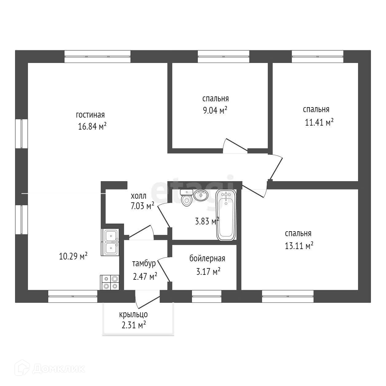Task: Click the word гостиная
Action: tap(90, 115)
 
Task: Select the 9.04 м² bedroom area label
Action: tap(215, 110)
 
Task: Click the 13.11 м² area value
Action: tap(299, 246)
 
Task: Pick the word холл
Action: tap(138, 196)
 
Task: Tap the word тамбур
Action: tap(144, 263)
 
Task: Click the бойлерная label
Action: tap(207, 259)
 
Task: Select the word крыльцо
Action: tap(134, 314)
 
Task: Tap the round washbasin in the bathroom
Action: tap(201, 195)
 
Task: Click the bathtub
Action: tap(226, 215)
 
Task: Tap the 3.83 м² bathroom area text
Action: tap(207, 221)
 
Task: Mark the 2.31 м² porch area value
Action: tap(134, 325)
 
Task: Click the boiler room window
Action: tap(207, 296)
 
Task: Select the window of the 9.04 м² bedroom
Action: tap(223, 56)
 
